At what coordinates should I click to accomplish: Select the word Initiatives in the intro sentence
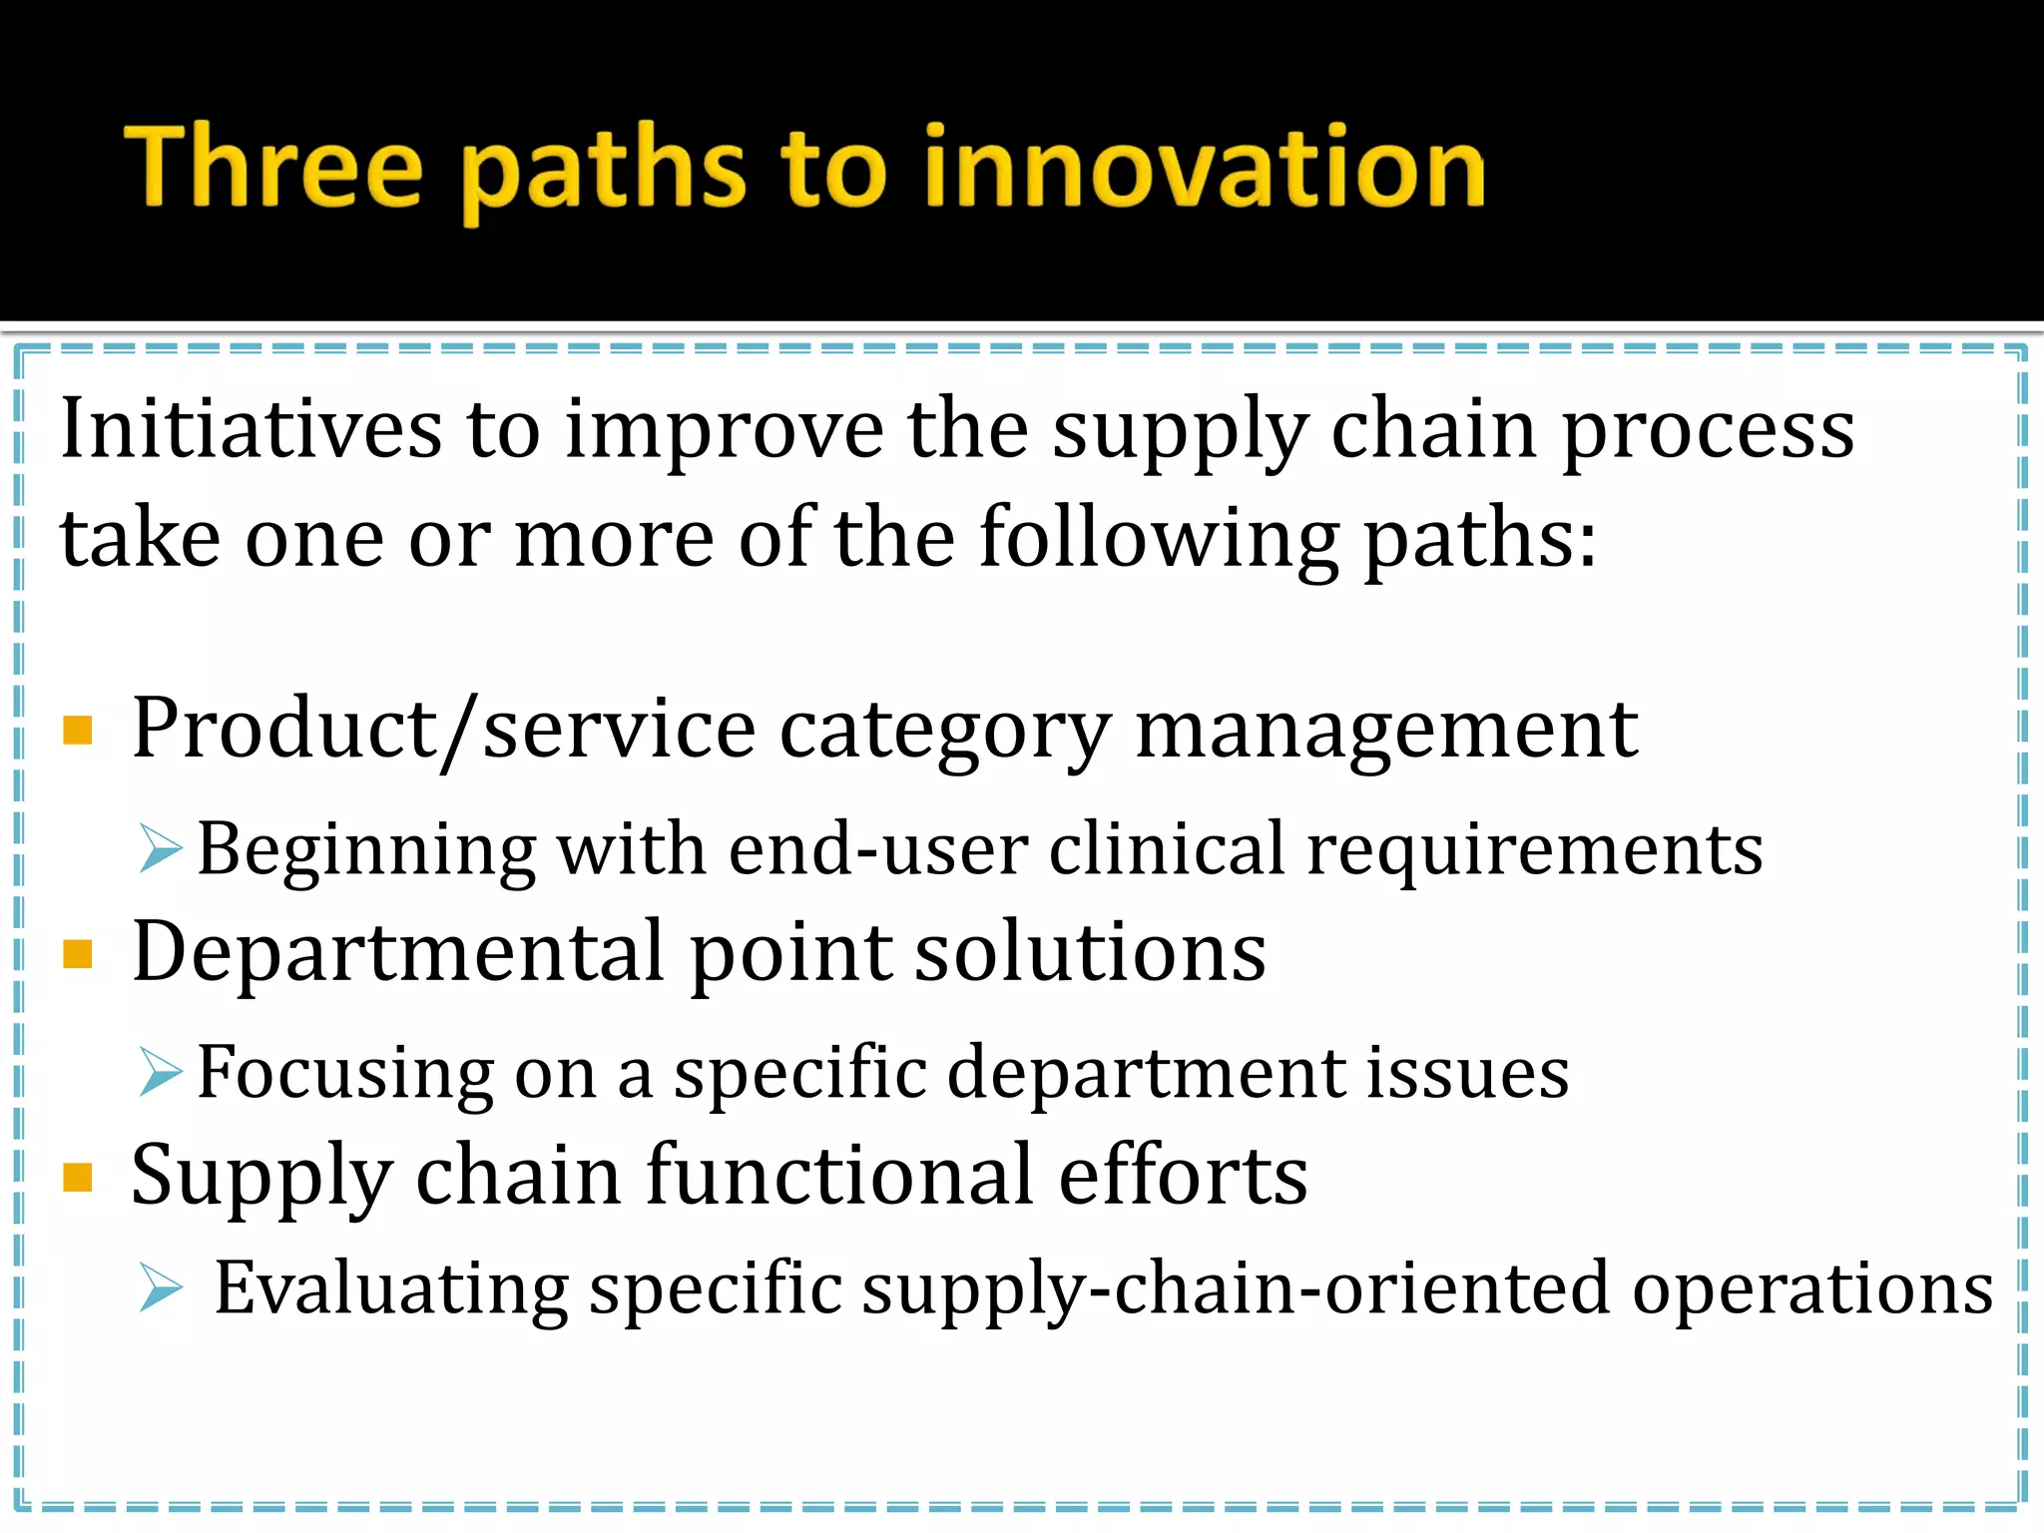pos(251,429)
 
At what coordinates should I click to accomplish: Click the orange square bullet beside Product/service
pos(78,731)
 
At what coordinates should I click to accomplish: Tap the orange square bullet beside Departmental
pos(78,954)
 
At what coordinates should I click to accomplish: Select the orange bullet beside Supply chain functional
pos(78,1178)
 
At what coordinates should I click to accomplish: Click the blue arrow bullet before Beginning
pos(161,849)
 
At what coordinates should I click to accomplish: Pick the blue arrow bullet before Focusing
pos(161,1073)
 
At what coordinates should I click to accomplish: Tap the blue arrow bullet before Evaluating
pos(161,1287)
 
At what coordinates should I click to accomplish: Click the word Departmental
pos(399,953)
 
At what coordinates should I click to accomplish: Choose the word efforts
pos(1182,1176)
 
